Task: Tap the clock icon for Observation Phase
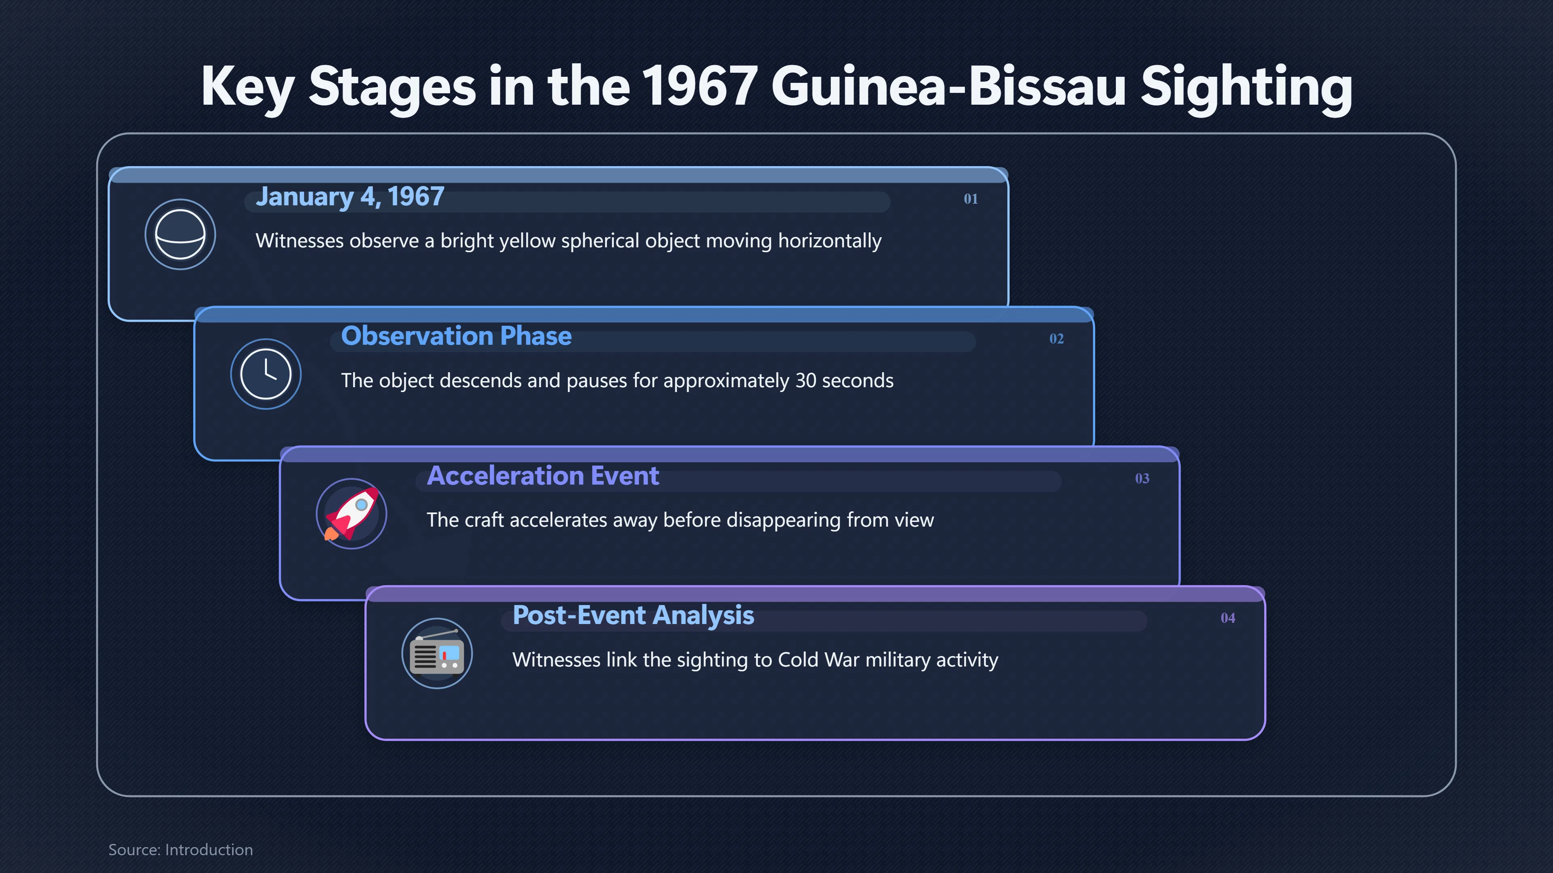(266, 374)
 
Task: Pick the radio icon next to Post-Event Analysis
(437, 654)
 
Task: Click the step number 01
(971, 199)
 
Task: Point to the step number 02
(1056, 339)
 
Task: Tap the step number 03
(1142, 479)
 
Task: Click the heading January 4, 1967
(350, 197)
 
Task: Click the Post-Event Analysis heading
(633, 616)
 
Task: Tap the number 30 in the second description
(806, 381)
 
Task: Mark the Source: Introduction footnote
(180, 850)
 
